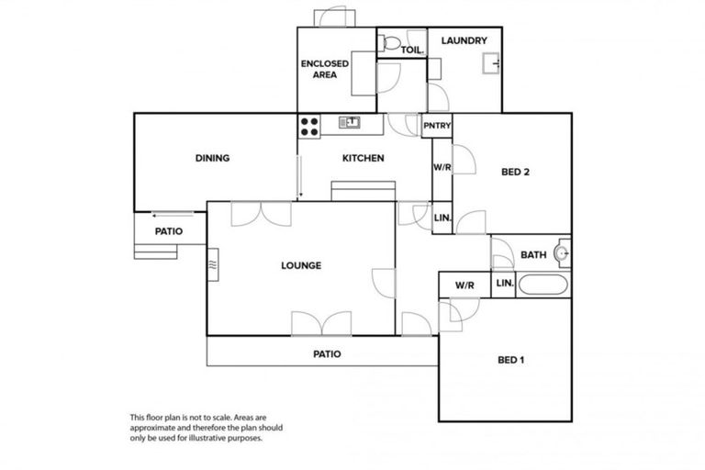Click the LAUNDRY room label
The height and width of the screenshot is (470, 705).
[464, 41]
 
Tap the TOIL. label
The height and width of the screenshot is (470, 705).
[410, 50]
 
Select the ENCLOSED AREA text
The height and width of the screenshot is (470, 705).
[323, 69]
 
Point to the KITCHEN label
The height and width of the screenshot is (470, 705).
[363, 159]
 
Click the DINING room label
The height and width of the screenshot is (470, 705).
[212, 159]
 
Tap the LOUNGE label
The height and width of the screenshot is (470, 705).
[301, 266]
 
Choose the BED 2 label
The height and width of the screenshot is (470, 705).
[515, 172]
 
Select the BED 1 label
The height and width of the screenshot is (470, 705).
[510, 360]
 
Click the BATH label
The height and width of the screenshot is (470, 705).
[533, 255]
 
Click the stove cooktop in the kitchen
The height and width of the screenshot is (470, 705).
[308, 126]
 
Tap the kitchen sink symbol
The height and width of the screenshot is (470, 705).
[349, 122]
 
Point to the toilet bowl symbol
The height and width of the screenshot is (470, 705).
[390, 42]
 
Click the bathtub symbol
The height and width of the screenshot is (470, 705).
[544, 285]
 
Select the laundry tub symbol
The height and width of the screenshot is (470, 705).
[491, 63]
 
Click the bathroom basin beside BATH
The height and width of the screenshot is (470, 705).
[563, 253]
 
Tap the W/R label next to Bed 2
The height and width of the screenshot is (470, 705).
[442, 168]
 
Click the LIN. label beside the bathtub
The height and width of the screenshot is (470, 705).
[505, 285]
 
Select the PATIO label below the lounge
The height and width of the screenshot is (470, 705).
[328, 353]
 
